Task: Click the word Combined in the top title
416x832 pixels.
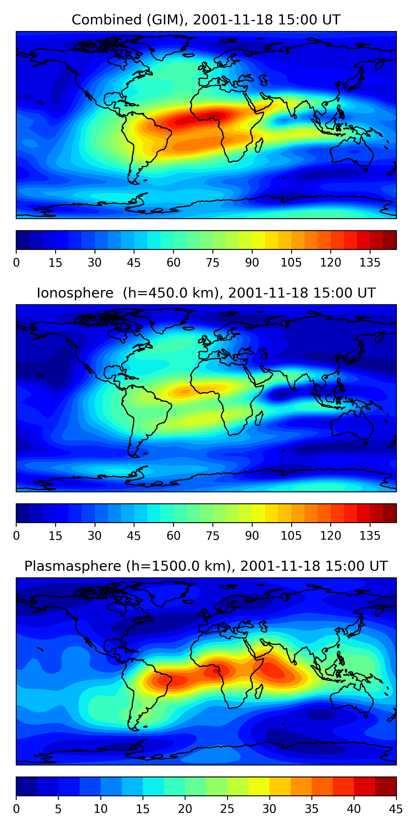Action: click(x=106, y=20)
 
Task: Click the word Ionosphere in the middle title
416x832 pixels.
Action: click(x=75, y=293)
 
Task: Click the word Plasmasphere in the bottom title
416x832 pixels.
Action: click(x=73, y=567)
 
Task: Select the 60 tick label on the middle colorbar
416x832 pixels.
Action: click(x=173, y=536)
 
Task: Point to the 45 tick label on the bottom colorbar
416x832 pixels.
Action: click(x=396, y=809)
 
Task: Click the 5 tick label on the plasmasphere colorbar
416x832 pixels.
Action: click(x=58, y=809)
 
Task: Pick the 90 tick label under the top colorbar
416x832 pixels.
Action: click(x=252, y=263)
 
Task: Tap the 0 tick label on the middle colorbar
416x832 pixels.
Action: click(x=16, y=536)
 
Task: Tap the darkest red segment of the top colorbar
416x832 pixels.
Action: click(x=390, y=240)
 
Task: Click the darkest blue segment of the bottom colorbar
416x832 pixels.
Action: click(x=26, y=787)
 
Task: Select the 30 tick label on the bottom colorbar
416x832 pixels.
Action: click(x=269, y=809)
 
